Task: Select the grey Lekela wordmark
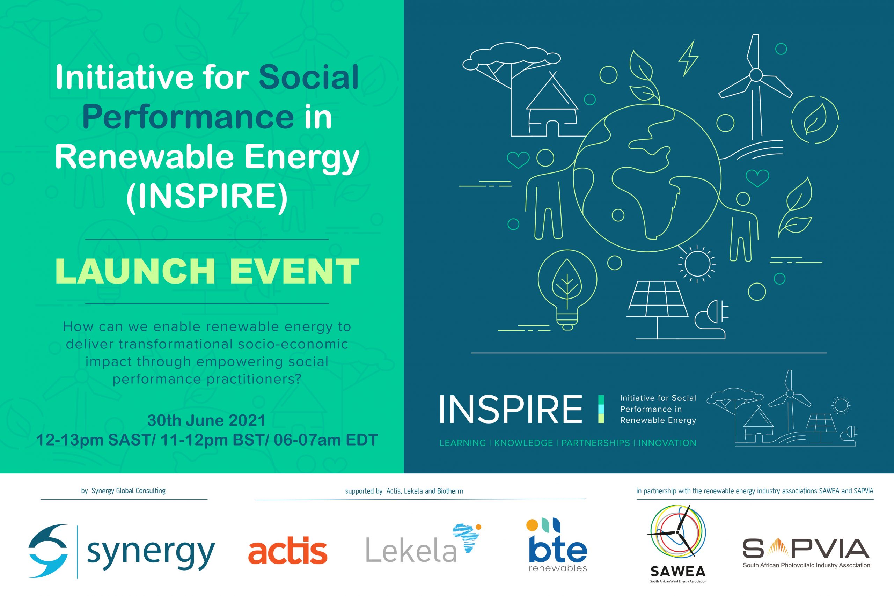coord(411,550)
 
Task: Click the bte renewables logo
coord(558,544)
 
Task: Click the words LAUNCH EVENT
coord(207,271)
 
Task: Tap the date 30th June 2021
coord(206,420)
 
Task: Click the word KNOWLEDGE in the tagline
coord(523,443)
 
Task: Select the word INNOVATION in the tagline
coord(667,443)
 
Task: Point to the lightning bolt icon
coord(688,59)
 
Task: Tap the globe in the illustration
coord(647,178)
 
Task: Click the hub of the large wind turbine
coord(756,75)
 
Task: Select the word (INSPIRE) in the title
coord(207,197)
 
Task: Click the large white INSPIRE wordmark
coord(511,409)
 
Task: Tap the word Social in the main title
coord(309,77)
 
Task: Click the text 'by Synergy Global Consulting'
coord(123,491)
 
